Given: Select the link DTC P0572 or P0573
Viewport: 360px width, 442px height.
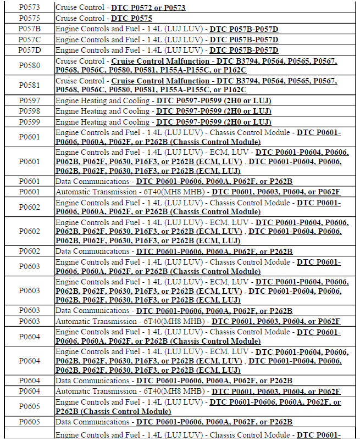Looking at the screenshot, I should click(148, 8).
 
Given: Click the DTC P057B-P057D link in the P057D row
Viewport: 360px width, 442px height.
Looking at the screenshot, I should click(244, 50).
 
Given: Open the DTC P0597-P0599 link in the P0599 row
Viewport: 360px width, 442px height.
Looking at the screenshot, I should click(214, 122).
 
